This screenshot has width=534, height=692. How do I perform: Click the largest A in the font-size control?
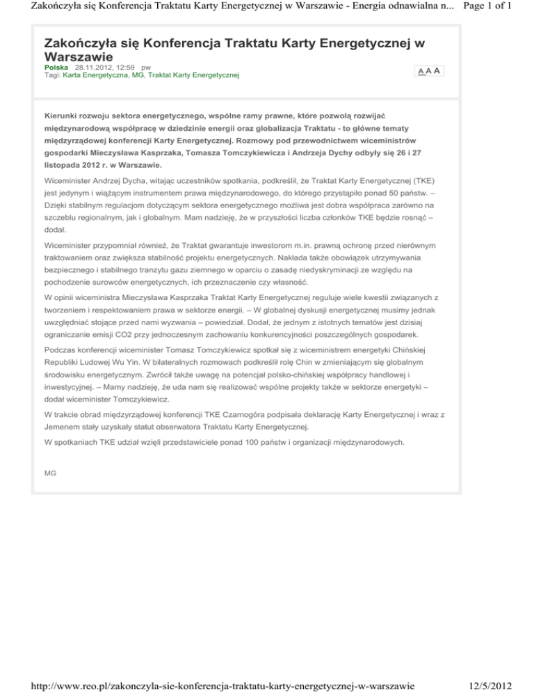click(x=436, y=71)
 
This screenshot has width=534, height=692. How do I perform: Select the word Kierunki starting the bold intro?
click(x=63, y=114)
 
